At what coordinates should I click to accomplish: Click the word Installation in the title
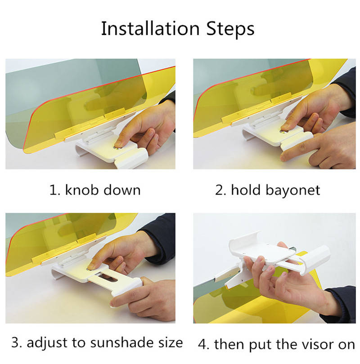[x=150, y=29]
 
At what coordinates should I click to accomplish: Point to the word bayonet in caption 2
[x=293, y=191]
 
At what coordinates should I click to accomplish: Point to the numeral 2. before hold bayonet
[x=220, y=190]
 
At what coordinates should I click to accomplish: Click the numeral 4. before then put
[x=203, y=345]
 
